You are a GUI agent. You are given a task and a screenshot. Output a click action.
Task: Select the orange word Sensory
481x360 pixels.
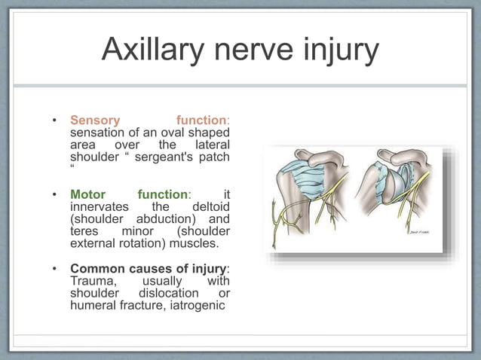pyautogui.click(x=95, y=120)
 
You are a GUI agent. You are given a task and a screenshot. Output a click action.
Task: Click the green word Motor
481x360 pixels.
pyautogui.click(x=87, y=194)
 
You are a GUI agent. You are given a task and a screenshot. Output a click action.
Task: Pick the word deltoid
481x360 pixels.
pyautogui.click(x=211, y=206)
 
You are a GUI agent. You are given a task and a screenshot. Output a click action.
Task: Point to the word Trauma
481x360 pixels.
pyautogui.click(x=91, y=280)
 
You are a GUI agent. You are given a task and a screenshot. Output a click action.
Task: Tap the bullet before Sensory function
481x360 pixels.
pyautogui.click(x=54, y=121)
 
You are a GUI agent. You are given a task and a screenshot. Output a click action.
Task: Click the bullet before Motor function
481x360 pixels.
pyautogui.click(x=54, y=194)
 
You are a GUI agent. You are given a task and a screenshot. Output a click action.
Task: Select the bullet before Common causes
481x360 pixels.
pyautogui.click(x=54, y=269)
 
